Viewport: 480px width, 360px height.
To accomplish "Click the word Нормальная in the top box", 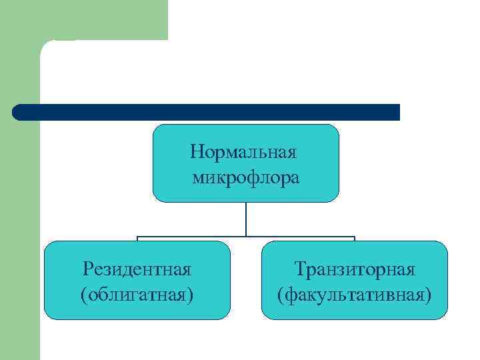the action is tap(243, 152).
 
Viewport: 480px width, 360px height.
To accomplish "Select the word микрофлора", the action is tap(246, 177).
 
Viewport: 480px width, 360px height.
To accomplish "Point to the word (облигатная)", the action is tap(137, 294).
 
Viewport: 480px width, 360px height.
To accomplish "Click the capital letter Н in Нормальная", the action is tap(196, 152).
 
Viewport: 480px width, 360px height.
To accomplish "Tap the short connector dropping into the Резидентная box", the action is tap(137, 239).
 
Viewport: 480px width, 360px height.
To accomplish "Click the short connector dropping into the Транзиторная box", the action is tap(355, 239).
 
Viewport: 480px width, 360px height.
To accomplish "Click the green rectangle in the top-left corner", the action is tap(83, 19).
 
